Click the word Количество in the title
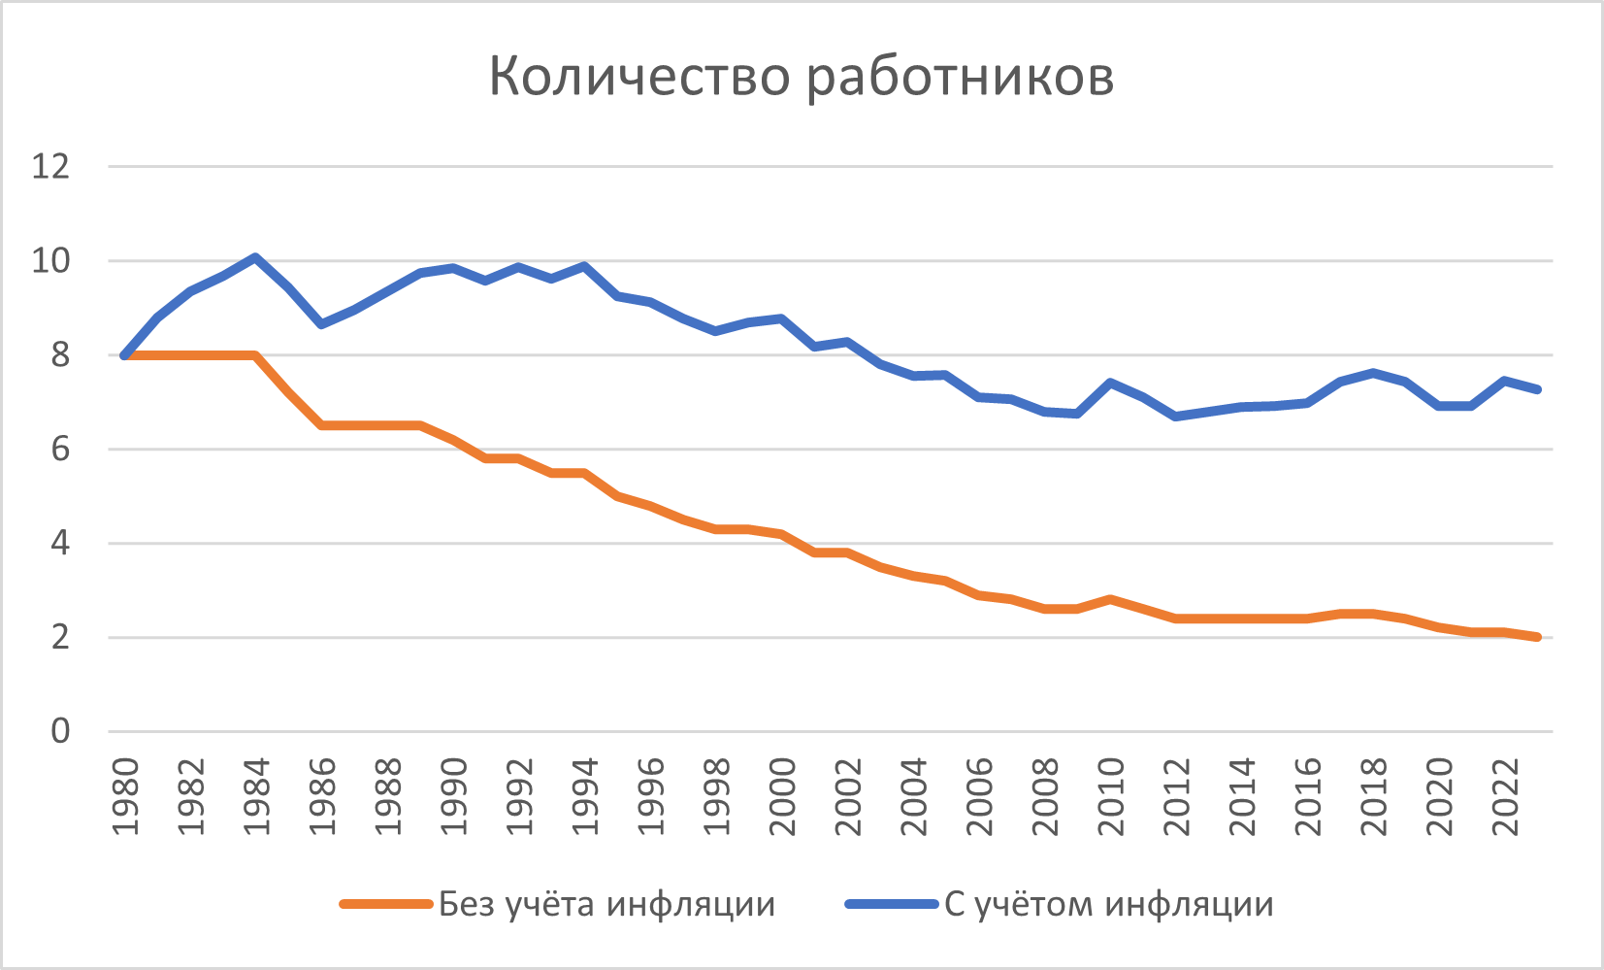pyautogui.click(x=639, y=76)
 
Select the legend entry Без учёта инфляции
pyautogui.click(x=606, y=904)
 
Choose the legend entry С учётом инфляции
pyautogui.click(x=1108, y=904)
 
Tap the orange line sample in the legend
pyautogui.click(x=385, y=904)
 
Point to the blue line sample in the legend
pyautogui.click(x=891, y=904)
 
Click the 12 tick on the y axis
pyautogui.click(x=51, y=167)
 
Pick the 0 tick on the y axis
pyautogui.click(x=60, y=731)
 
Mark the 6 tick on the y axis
pyautogui.click(x=60, y=450)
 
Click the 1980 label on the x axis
pyautogui.click(x=125, y=796)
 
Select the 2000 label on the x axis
pyautogui.click(x=782, y=796)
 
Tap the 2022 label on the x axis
pyautogui.click(x=1504, y=796)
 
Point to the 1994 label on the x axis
pyautogui.click(x=585, y=796)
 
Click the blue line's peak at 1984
pyautogui.click(x=255, y=257)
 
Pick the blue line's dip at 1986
pyautogui.click(x=321, y=323)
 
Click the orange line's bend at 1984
pyautogui.click(x=255, y=355)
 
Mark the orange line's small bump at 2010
pyautogui.click(x=1109, y=599)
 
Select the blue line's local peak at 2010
pyautogui.click(x=1109, y=383)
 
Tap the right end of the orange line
pyautogui.click(x=1537, y=637)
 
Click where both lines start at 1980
pyautogui.click(x=125, y=355)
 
